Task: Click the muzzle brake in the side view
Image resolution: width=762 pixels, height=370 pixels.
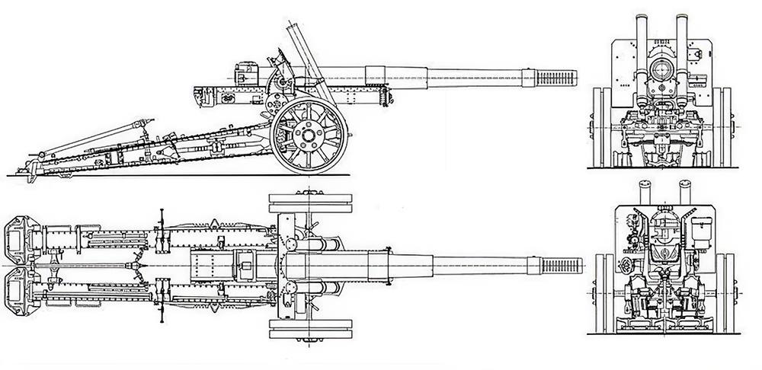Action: click(x=555, y=77)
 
